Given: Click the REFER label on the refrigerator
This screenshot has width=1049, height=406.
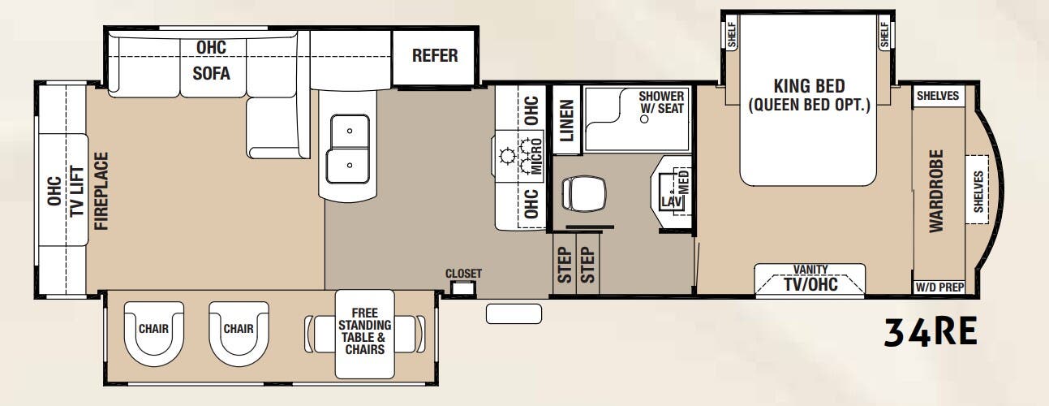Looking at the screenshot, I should (x=435, y=56).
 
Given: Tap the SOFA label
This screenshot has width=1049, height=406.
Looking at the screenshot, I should (x=211, y=73).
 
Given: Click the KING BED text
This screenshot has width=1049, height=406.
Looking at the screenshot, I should (x=808, y=86).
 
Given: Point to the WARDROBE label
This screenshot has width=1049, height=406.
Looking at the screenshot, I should (x=937, y=191).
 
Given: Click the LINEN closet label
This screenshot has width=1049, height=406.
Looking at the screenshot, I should (x=567, y=121).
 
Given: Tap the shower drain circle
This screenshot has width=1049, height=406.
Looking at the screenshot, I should (x=644, y=119).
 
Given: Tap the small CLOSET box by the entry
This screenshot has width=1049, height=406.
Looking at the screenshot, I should (x=463, y=287).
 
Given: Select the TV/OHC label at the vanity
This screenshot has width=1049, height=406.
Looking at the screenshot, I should (x=809, y=285).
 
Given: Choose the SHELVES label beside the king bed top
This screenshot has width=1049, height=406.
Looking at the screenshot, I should (x=937, y=96).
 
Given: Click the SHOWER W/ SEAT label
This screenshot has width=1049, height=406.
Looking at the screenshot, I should (x=661, y=102).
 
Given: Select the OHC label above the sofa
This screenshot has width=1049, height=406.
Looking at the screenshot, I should (x=211, y=48).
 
